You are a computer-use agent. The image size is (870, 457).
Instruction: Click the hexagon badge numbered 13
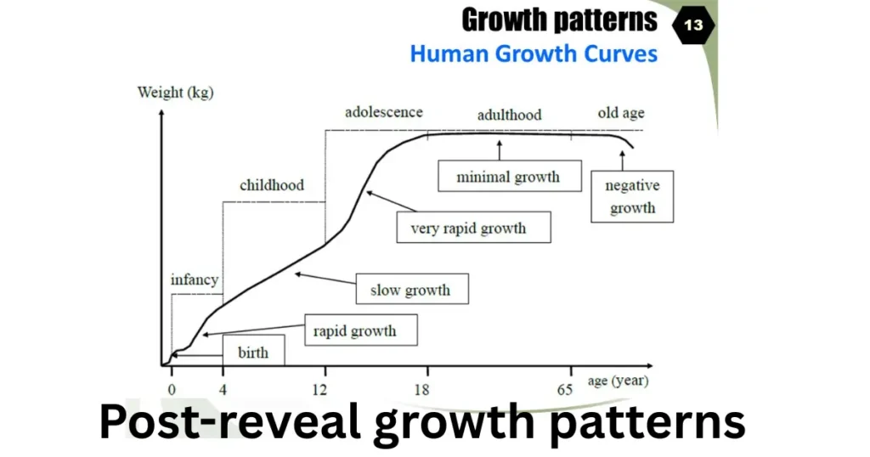pos(693,25)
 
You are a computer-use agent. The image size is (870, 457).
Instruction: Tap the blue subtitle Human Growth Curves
pos(534,54)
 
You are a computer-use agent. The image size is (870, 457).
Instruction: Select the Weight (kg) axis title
pos(175,92)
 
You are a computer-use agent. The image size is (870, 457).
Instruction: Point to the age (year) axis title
pos(618,381)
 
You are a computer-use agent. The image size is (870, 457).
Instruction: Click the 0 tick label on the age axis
pos(172,390)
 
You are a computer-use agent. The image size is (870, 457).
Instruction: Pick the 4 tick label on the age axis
pos(223,390)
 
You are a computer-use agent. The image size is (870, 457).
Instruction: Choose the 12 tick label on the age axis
pos(319,390)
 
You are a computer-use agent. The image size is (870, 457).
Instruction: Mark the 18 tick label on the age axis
pos(421,390)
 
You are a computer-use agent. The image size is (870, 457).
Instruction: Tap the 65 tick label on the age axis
pos(565,390)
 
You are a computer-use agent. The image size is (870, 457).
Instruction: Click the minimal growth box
pos(510,177)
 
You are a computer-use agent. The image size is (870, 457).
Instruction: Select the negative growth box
pos(632,197)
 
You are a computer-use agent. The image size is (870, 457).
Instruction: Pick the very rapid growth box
pos(474,228)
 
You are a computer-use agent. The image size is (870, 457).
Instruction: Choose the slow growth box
pos(412,289)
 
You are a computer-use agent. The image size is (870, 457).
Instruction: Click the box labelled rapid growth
pos(361,330)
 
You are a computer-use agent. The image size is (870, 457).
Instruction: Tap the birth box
pos(253,351)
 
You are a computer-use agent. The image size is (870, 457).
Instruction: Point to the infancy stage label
pos(195,280)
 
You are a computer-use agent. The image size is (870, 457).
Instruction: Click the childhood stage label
pos(272,185)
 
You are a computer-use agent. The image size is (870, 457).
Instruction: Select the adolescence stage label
pos(384,113)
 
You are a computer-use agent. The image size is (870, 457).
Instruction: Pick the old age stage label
pos(621,114)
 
